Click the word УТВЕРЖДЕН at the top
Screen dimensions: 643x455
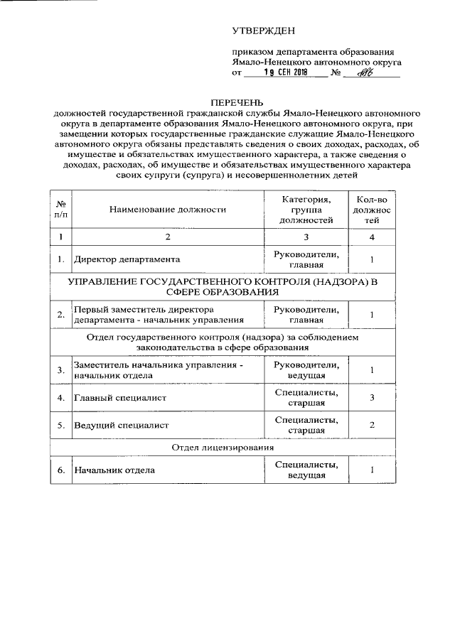tap(263, 30)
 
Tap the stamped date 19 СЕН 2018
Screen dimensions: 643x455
tap(284, 72)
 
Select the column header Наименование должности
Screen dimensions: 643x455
tap(168, 210)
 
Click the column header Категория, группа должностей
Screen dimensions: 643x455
tap(306, 210)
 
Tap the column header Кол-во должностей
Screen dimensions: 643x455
tap(372, 210)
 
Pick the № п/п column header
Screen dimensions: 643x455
tap(61, 210)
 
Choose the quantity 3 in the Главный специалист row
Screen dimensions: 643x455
tap(372, 398)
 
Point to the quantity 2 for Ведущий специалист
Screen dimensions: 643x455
tap(372, 426)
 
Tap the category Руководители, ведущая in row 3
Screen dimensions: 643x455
tap(306, 370)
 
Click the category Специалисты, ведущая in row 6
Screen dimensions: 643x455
tap(306, 470)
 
